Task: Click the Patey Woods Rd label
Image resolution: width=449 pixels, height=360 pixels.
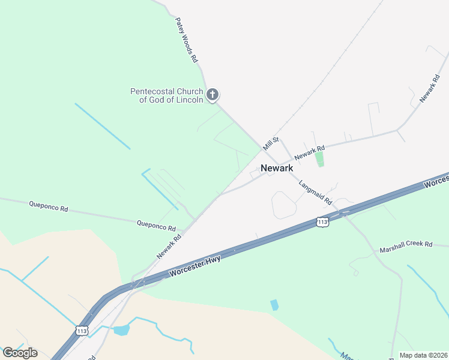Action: click(x=187, y=40)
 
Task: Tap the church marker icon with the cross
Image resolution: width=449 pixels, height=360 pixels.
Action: click(x=212, y=95)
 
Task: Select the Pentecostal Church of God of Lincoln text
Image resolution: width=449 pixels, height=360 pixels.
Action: click(x=167, y=95)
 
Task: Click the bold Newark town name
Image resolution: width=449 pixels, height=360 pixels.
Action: click(x=277, y=168)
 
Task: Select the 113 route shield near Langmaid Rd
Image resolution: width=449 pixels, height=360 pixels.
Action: click(x=323, y=222)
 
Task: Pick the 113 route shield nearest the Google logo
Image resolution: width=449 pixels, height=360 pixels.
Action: click(x=82, y=330)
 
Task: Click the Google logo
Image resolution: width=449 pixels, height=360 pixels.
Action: click(x=20, y=353)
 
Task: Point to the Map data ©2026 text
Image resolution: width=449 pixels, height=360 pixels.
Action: click(x=424, y=355)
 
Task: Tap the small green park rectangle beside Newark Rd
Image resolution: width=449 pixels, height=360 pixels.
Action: click(x=319, y=159)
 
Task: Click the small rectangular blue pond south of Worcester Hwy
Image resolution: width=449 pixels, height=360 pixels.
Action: click(x=274, y=304)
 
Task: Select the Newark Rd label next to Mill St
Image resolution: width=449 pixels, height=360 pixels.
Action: click(x=310, y=151)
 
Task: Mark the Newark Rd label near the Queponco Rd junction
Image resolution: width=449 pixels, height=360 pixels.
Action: click(x=169, y=246)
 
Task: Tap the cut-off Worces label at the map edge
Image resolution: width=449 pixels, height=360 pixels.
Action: click(x=437, y=182)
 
